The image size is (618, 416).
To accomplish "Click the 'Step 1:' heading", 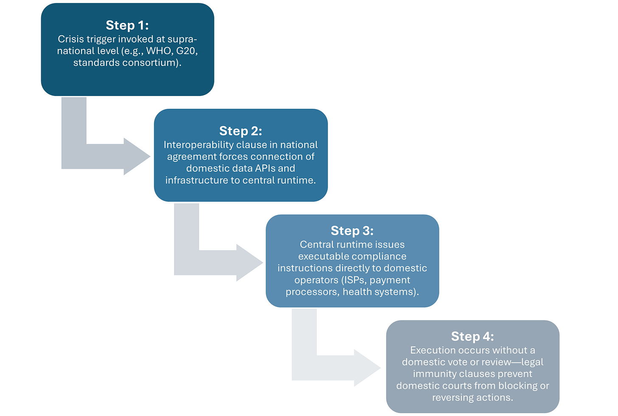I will (x=127, y=25).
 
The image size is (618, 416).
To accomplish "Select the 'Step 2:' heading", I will (x=241, y=131).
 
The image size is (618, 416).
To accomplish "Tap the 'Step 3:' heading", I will (x=352, y=231).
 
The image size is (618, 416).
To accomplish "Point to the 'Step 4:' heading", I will (x=472, y=337).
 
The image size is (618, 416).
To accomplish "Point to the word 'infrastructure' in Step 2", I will (x=197, y=180).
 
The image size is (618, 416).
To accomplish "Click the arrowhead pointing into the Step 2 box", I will (x=138, y=156).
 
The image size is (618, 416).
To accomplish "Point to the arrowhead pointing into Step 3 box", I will (x=250, y=262).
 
